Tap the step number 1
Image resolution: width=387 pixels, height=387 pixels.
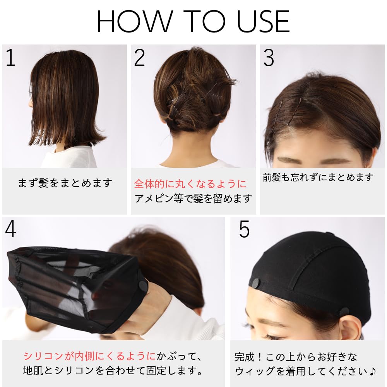coord(10,57)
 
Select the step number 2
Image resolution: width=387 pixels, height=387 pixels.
coord(139,57)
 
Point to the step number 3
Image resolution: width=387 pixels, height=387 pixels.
coord(269,57)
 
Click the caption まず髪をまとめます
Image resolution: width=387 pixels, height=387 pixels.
coord(65,183)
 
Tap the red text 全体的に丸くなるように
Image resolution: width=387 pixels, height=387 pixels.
coord(190,183)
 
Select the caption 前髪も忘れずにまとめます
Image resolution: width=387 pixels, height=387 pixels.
coord(318,178)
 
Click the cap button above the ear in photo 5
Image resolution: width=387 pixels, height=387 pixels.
coord(343,311)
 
